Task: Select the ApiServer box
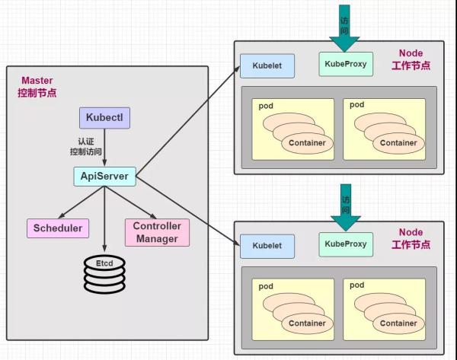click(104, 177)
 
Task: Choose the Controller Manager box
click(156, 232)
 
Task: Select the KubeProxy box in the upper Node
click(346, 64)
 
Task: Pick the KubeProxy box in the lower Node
click(346, 244)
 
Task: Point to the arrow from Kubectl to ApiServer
click(104, 148)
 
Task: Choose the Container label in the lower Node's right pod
click(398, 323)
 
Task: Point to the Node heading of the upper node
click(411, 53)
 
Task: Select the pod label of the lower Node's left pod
click(265, 286)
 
